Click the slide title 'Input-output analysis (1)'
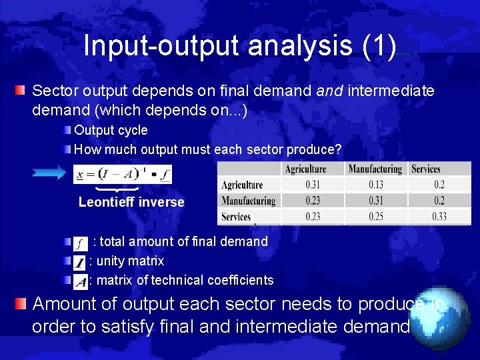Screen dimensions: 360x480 (x=240, y=46)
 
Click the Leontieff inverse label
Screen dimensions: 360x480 (x=131, y=202)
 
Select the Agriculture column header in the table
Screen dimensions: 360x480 (x=305, y=169)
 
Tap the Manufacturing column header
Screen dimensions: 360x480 (x=375, y=169)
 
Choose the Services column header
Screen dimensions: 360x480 (x=426, y=169)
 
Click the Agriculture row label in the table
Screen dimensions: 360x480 (x=243, y=185)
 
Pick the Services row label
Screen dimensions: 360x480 (x=236, y=217)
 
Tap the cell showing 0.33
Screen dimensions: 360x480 (x=439, y=217)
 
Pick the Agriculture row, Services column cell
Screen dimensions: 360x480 (x=439, y=185)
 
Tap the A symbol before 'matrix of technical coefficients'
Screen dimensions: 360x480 (x=81, y=281)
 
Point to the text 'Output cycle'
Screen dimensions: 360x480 (x=111, y=130)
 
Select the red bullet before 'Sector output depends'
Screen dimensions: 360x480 (x=22, y=90)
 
